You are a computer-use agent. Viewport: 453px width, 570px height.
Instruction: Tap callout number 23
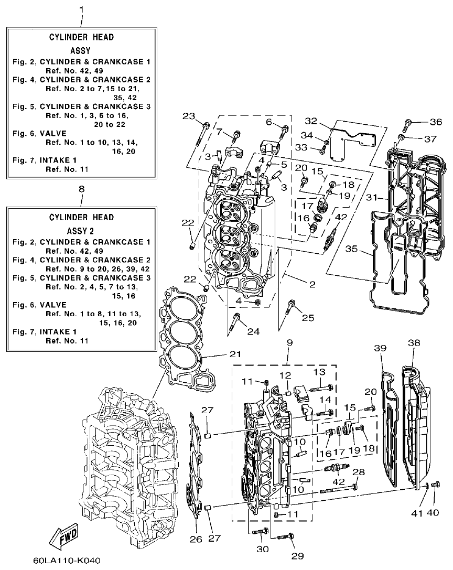coord(189,116)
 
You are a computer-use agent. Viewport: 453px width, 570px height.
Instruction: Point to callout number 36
coord(436,122)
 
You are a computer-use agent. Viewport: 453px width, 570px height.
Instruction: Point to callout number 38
coord(414,343)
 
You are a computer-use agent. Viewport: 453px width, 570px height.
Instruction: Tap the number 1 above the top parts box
coord(81,9)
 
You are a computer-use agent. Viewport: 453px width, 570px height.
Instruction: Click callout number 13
coord(319,372)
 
